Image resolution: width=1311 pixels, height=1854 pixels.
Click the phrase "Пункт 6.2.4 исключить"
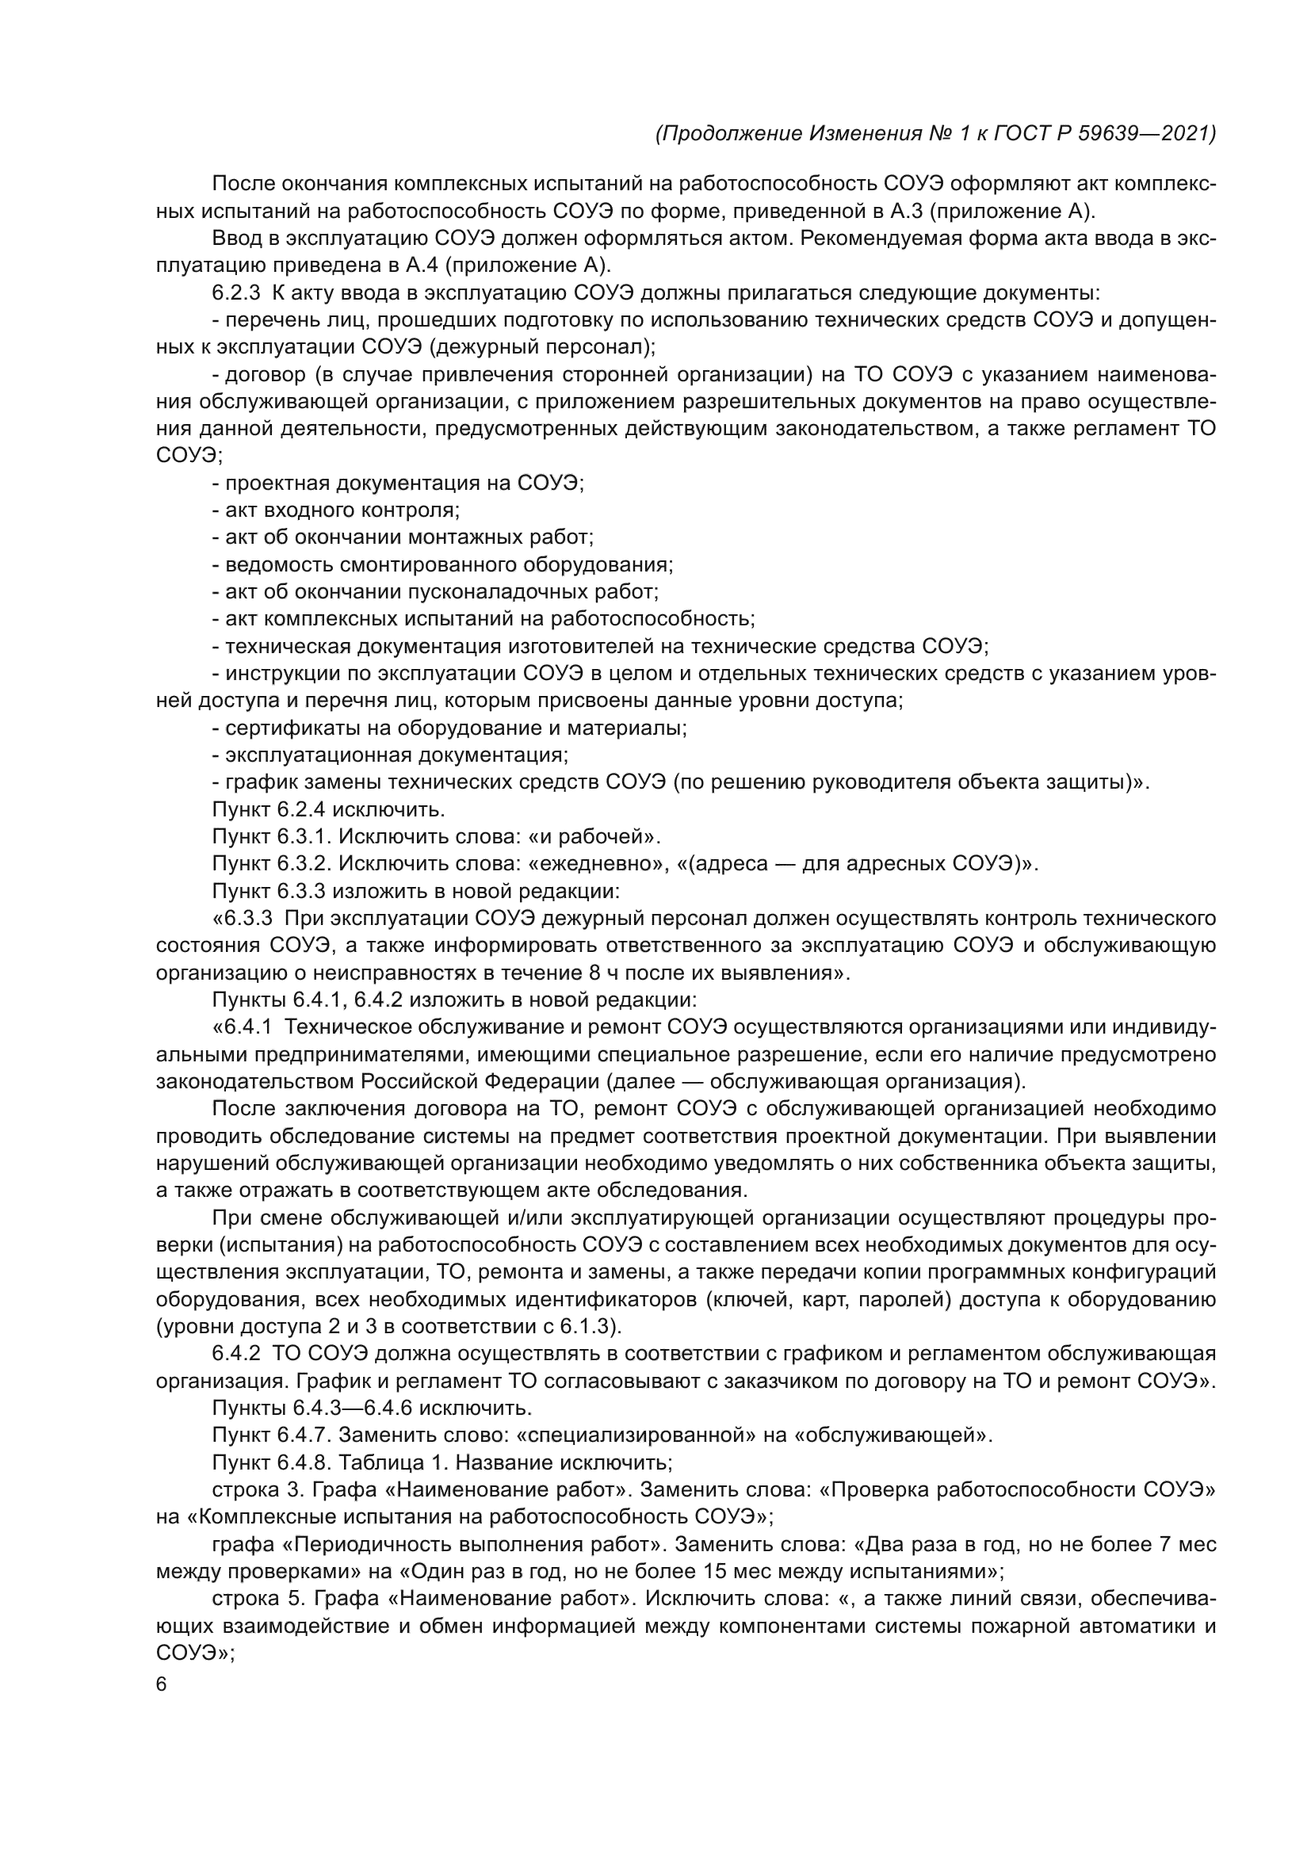click(329, 809)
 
